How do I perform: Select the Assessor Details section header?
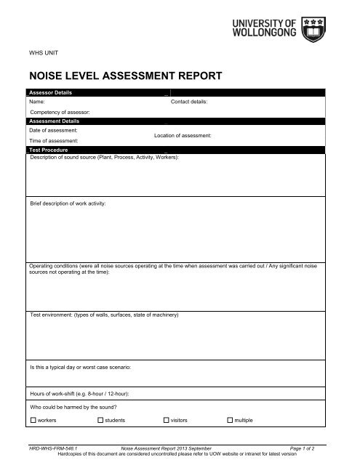[50, 93]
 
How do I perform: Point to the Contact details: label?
[189, 102]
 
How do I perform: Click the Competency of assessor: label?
[60, 113]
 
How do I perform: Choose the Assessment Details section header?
[54, 121]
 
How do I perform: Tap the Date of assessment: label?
[53, 129]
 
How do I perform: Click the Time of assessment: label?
[53, 139]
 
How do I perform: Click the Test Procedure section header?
[49, 150]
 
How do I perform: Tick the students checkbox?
[100, 420]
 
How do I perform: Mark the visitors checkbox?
[165, 420]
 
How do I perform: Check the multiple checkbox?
[231, 420]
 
